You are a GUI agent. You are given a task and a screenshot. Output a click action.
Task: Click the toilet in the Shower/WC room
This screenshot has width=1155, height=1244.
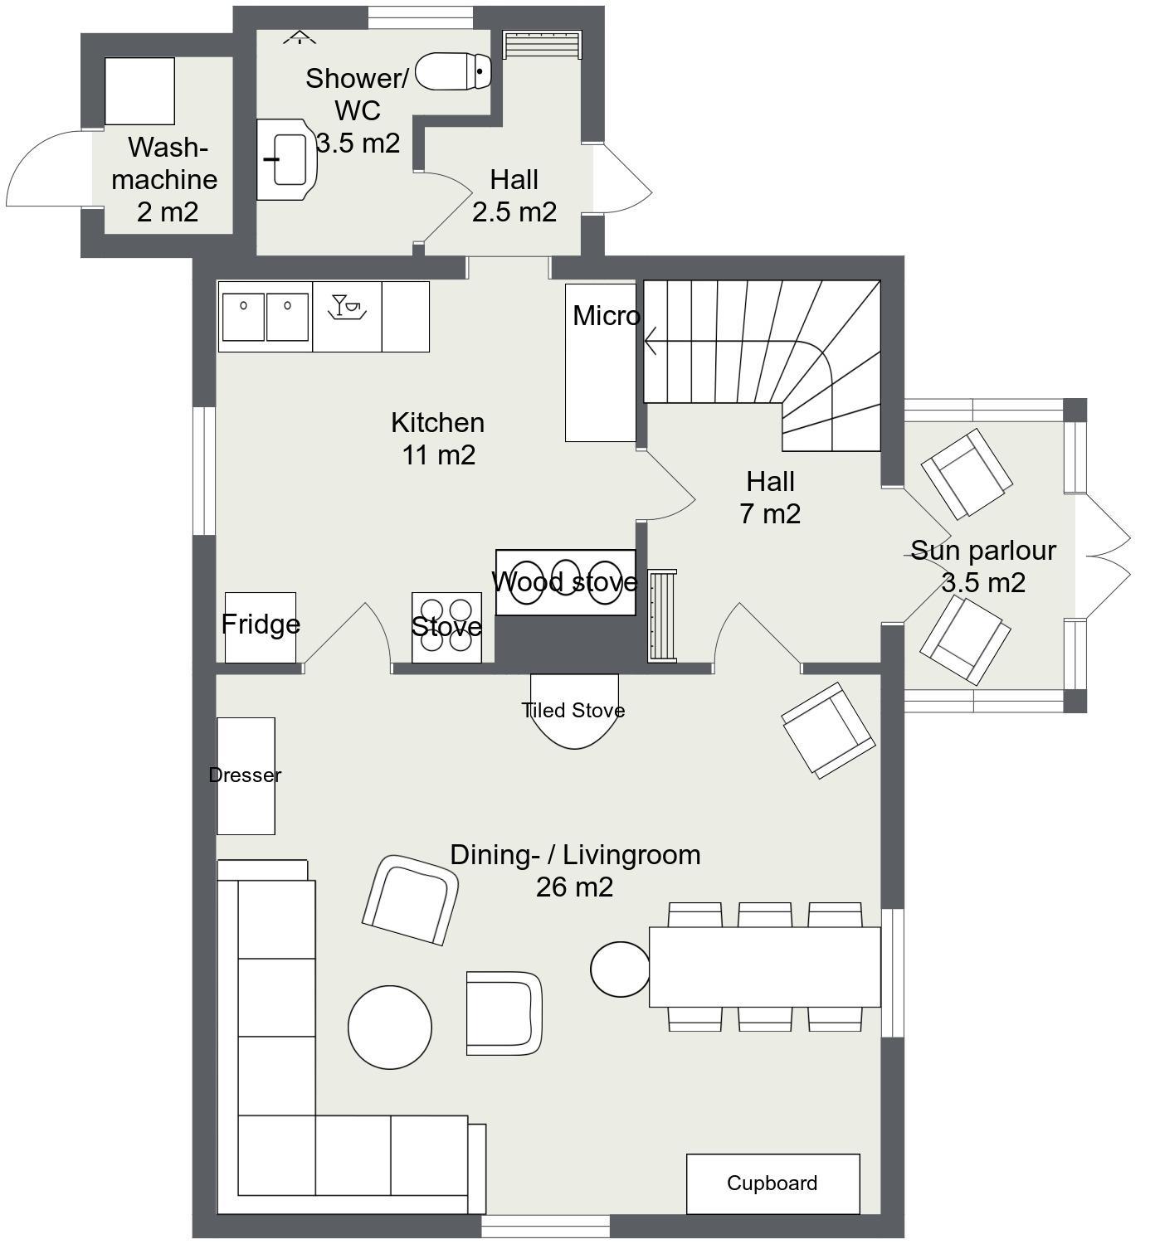[453, 71]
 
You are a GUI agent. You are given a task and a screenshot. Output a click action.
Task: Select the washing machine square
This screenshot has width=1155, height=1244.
[139, 91]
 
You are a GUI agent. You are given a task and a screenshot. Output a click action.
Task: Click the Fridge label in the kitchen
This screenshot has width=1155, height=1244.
[261, 624]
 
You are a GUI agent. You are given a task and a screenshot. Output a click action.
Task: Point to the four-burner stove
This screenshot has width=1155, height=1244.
[447, 628]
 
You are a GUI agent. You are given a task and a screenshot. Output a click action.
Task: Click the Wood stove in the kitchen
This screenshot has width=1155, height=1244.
[565, 582]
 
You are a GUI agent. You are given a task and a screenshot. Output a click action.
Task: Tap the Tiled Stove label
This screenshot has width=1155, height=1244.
[573, 710]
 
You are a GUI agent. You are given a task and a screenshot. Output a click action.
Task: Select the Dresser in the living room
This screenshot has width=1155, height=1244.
[246, 776]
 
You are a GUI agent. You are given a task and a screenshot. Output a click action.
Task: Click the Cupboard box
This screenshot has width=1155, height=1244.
[773, 1183]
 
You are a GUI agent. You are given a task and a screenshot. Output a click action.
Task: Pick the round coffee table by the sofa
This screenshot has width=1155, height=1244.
[390, 1028]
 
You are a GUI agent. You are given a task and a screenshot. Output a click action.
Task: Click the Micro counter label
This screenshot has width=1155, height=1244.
[606, 316]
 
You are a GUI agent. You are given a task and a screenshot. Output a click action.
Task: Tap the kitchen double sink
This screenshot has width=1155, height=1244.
[266, 317]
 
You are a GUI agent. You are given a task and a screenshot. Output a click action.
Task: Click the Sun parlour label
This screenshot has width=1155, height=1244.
[983, 551]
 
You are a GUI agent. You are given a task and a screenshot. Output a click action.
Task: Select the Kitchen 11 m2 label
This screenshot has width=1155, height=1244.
[438, 439]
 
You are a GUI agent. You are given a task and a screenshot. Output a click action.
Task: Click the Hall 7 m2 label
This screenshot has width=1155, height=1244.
[770, 498]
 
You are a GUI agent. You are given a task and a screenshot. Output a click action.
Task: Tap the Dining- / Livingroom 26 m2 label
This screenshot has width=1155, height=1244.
[575, 871]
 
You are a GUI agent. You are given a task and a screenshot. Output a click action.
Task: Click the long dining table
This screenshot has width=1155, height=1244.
[764, 967]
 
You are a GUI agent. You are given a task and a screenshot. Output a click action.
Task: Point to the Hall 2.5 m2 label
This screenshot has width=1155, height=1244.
[514, 196]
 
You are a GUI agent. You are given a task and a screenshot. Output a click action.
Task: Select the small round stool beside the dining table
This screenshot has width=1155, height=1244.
[621, 969]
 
